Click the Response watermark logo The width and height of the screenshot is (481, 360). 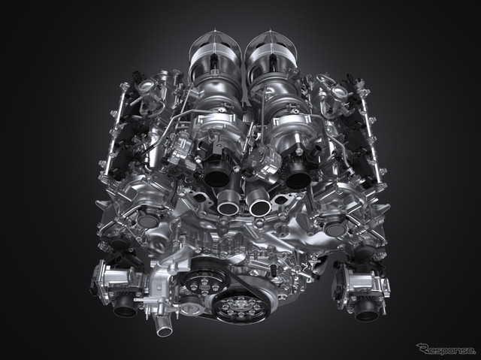[x=446, y=349]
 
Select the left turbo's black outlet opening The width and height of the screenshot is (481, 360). [x=217, y=176]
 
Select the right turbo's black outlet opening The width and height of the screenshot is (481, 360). [x=297, y=177]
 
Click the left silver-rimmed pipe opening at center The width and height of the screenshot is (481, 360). [x=228, y=204]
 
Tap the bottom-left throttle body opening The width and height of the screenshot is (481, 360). [x=126, y=308]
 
